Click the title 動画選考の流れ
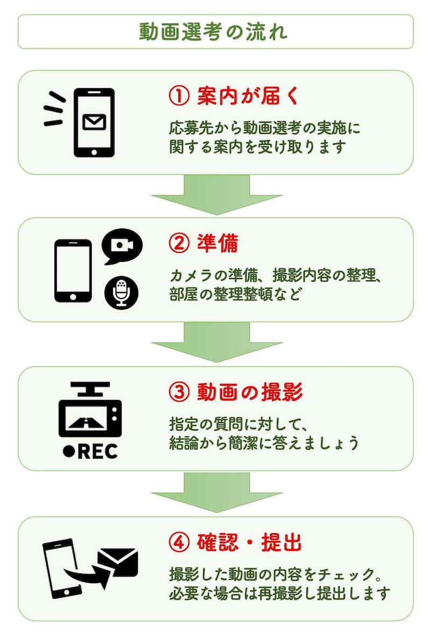point(214,32)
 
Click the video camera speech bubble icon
point(121,246)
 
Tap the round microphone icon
point(121,293)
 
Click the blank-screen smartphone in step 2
point(73,270)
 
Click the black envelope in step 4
point(118,563)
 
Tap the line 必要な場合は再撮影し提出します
point(278,594)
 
